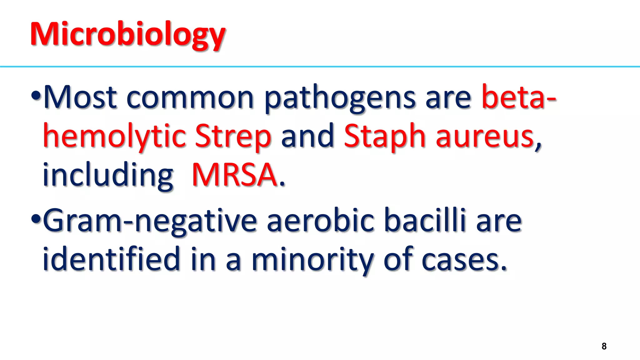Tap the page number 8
(604, 346)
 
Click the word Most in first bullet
(80, 97)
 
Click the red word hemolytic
(114, 137)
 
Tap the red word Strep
(233, 137)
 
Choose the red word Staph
(385, 137)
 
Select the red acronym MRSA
(234, 175)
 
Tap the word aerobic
(320, 221)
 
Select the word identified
(111, 259)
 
